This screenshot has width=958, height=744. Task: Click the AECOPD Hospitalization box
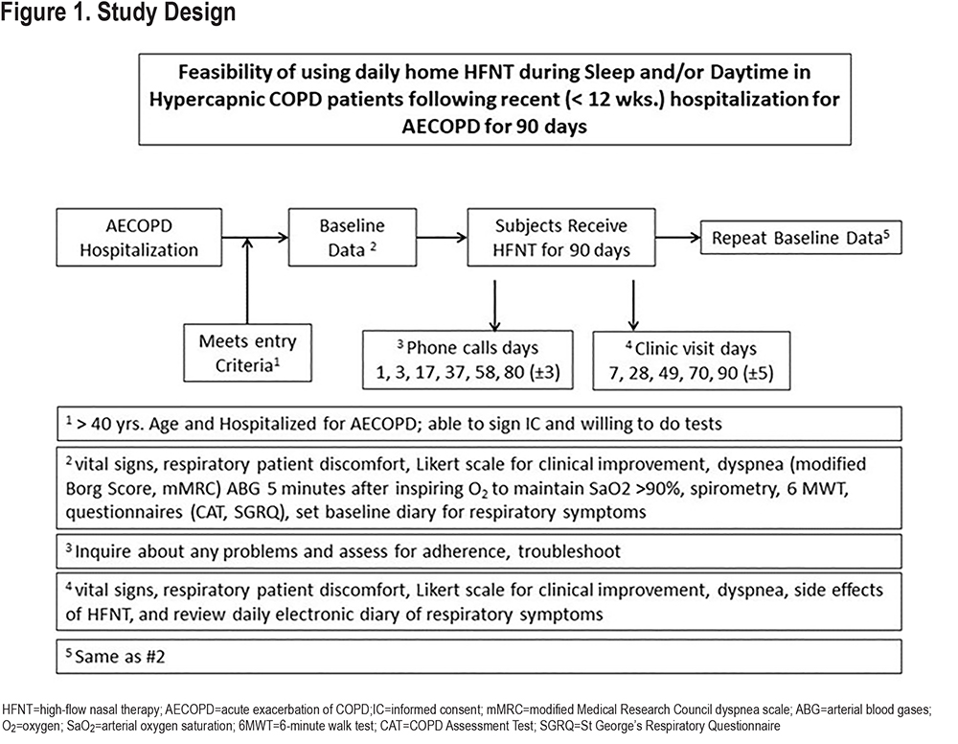[x=139, y=237]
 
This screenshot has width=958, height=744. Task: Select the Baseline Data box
[x=353, y=237]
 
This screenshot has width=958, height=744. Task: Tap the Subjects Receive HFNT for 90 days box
[x=561, y=237]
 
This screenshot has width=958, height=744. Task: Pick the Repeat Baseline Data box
[x=801, y=237]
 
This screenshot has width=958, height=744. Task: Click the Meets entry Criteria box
[x=247, y=353]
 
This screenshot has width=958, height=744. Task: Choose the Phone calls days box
[x=468, y=360]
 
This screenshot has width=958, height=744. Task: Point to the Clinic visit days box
[x=692, y=360]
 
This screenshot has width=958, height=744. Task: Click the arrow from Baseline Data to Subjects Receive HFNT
[x=442, y=237]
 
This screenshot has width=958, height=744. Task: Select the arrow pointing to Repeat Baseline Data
[x=678, y=237]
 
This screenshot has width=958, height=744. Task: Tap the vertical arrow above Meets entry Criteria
[x=247, y=281]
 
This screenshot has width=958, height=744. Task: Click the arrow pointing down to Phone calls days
[x=495, y=306]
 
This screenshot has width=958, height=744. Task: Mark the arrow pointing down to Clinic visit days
[x=633, y=306]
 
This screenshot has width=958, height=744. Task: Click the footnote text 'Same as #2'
[x=120, y=657]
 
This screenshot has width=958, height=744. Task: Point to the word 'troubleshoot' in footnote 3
[x=569, y=551]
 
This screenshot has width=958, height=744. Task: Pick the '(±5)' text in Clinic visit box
[x=758, y=373]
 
